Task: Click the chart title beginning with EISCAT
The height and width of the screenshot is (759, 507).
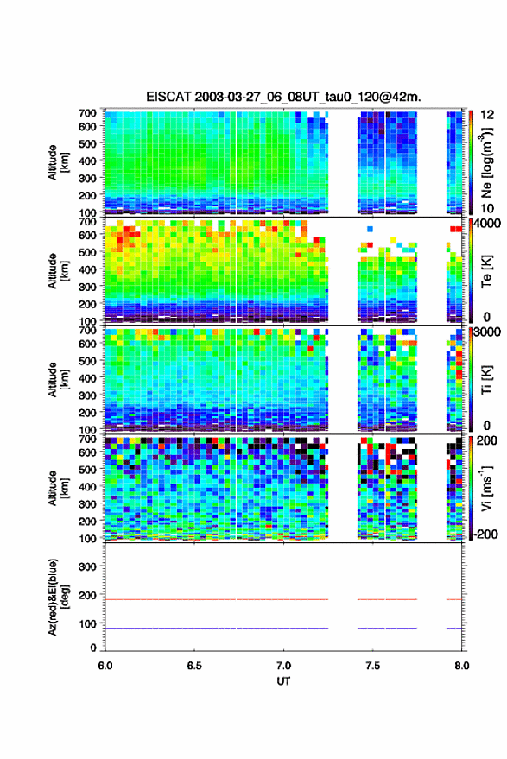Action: coord(283,97)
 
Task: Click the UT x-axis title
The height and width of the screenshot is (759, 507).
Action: coord(283,681)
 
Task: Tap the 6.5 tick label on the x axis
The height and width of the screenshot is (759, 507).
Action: coord(194,666)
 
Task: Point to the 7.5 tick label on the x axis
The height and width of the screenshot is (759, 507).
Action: coord(372,666)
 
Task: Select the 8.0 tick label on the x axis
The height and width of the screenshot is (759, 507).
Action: coord(461,666)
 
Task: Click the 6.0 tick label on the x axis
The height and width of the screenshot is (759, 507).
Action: coord(105,666)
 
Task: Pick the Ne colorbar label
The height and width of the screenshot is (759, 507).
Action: coord(485,162)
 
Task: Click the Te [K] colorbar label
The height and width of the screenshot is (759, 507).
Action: coord(486,271)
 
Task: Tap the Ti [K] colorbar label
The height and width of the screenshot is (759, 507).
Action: coord(486,380)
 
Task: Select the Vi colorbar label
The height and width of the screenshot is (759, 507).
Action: coord(486,488)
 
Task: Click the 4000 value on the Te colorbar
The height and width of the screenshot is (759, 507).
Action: coord(486,225)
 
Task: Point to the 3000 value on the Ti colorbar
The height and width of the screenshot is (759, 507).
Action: coord(487,332)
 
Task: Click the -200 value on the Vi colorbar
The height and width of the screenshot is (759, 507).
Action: coord(485,534)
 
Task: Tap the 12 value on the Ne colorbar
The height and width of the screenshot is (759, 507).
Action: coord(487,115)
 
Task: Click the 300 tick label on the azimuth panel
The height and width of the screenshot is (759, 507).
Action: coord(87,566)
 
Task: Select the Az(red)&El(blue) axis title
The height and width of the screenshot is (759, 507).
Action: coord(58,598)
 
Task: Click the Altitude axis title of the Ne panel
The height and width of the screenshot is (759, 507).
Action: coord(58,162)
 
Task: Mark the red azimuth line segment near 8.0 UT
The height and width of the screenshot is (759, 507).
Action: coord(453,599)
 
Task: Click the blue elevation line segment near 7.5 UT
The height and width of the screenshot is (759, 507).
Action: coord(388,628)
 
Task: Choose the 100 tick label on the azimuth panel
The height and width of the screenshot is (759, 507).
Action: coord(87,623)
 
